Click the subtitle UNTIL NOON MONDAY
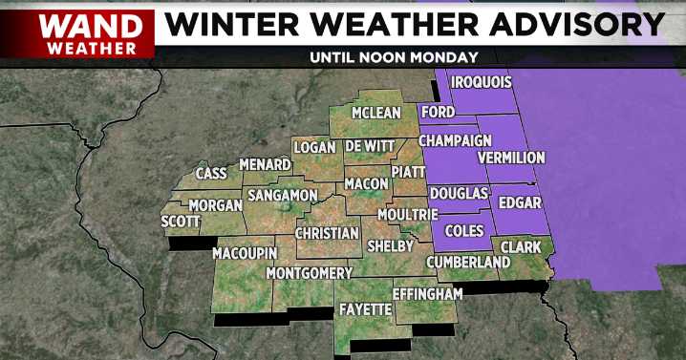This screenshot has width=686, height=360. click(x=394, y=56)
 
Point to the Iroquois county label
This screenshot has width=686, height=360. click(x=481, y=82)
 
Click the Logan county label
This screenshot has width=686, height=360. click(x=315, y=147)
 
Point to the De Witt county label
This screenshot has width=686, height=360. click(x=369, y=146)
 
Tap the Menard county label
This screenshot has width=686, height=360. click(x=265, y=164)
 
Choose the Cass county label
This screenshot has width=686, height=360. click(x=211, y=173)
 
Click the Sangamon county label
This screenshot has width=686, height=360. click(x=282, y=195)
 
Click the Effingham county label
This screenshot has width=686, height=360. click(x=428, y=291)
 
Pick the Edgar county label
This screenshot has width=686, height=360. click(x=520, y=202)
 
